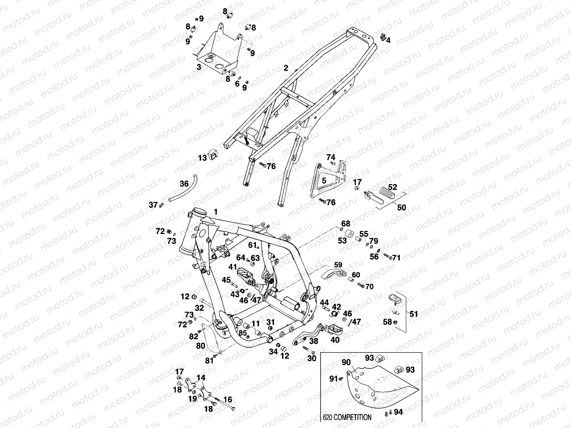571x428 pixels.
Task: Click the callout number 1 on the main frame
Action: pos(216,212)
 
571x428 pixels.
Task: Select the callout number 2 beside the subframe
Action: pos(286,68)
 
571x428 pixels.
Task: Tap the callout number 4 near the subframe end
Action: pos(388,40)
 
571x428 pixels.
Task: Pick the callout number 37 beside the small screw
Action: pos(153,205)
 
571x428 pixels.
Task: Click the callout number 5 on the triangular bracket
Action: pos(323,180)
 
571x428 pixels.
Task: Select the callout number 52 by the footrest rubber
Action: pos(393,187)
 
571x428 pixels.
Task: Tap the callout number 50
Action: pos(401,208)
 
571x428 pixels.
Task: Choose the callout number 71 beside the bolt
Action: pos(396,258)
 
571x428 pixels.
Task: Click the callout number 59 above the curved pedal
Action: pos(338,265)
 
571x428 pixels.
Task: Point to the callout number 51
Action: pos(414,314)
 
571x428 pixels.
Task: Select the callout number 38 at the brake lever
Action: pos(313,342)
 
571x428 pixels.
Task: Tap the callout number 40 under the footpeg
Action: pos(335,340)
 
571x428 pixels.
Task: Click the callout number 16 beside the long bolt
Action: pos(228,399)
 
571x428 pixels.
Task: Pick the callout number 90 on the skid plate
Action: pos(345,362)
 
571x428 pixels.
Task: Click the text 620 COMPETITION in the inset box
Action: pos(347,417)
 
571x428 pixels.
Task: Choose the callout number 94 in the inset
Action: pos(398,413)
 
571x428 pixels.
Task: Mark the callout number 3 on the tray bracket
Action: pos(199,66)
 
